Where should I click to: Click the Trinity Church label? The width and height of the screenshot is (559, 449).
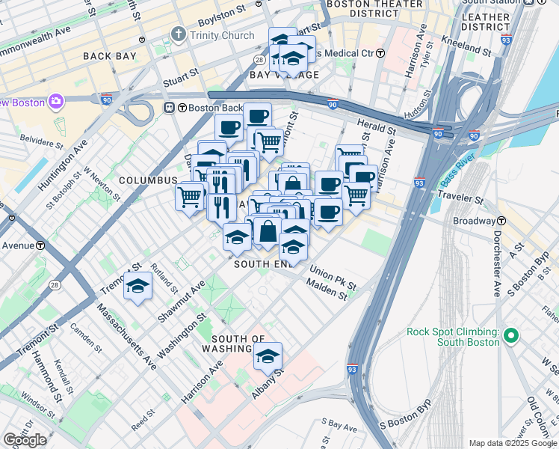click(221, 34)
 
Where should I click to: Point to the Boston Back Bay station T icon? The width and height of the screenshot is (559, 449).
click(170, 107)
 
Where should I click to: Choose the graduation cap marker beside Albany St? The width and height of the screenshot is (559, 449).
click(268, 357)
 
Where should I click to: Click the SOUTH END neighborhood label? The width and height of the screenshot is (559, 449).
click(261, 264)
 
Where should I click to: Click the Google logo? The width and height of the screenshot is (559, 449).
click(25, 440)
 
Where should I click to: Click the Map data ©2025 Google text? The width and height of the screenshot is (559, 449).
click(512, 443)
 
